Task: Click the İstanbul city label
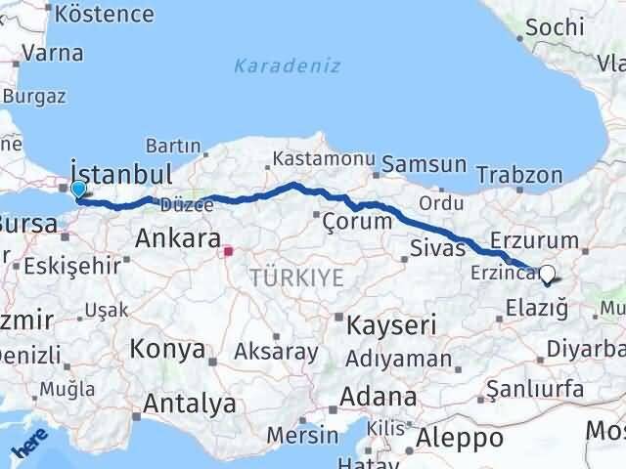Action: (x=121, y=174)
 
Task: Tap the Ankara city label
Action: (x=176, y=237)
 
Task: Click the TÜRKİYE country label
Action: (x=296, y=277)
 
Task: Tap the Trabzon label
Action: (x=520, y=176)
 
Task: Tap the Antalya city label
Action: (x=189, y=402)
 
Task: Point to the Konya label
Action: (x=167, y=348)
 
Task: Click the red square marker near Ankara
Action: (x=229, y=251)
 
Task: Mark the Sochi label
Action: (x=554, y=26)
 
